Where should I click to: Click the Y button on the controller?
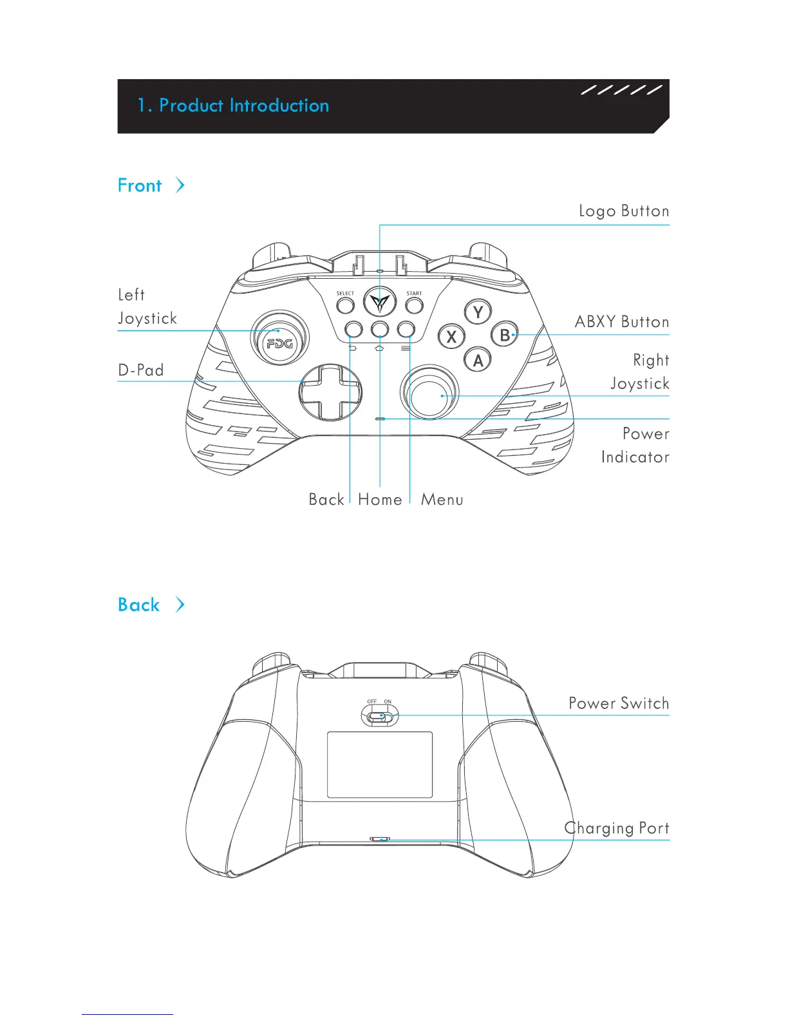tap(478, 313)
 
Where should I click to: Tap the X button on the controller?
tap(451, 336)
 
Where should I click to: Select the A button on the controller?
tap(478, 360)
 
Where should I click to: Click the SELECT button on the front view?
tap(345, 304)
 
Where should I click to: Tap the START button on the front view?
tap(414, 304)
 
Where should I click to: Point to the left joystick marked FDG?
tap(279, 337)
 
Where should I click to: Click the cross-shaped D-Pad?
tap(330, 392)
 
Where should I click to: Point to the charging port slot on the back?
tap(380, 840)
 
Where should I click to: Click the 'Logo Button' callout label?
tap(623, 211)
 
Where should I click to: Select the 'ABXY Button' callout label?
tap(621, 322)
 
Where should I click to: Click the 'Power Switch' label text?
tap(618, 703)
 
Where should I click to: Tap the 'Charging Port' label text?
tap(616, 828)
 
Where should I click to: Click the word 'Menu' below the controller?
tap(442, 500)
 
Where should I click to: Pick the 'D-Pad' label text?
tap(141, 370)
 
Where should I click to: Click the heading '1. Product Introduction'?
tap(233, 106)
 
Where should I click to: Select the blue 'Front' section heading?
tap(140, 186)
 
